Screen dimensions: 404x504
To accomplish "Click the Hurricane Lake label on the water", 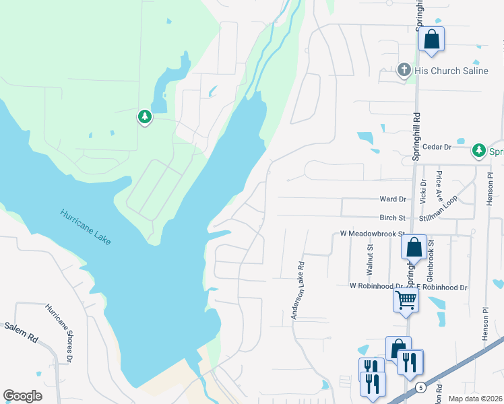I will click(x=86, y=226).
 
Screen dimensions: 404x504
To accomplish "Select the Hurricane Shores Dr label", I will click(x=58, y=333).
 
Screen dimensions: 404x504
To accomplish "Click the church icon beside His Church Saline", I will click(x=404, y=70).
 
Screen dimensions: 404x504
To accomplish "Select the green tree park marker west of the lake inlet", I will click(x=144, y=118).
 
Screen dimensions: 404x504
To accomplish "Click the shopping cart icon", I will click(x=406, y=300).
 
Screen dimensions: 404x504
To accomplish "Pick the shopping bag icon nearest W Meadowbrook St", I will click(x=414, y=247).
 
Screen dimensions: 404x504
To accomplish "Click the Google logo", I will click(x=22, y=396).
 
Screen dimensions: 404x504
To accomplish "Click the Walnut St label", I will click(x=370, y=257).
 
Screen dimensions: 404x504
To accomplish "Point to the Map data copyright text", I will click(x=475, y=399).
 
